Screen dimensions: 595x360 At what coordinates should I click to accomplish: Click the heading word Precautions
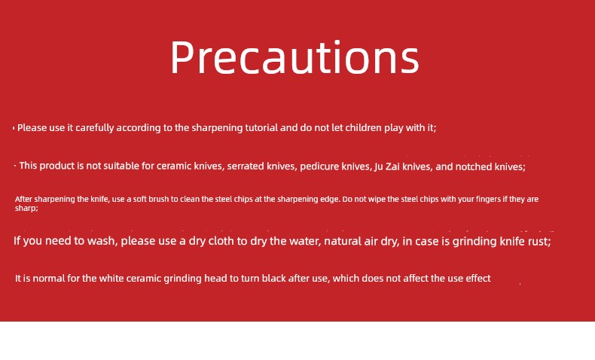tap(294, 57)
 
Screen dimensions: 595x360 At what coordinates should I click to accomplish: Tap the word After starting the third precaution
tap(23, 199)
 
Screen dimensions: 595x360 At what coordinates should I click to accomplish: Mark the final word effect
tap(478, 279)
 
